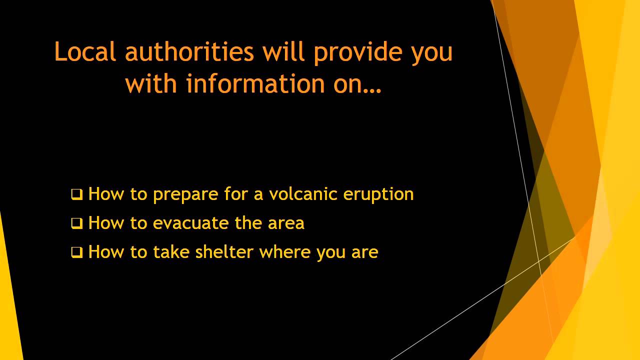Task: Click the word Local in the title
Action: point(85,51)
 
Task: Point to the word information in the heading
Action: point(255,83)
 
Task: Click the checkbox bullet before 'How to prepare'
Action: point(76,194)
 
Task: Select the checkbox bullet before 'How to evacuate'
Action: point(76,223)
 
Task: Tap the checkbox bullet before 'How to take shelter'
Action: point(76,252)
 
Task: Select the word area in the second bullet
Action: point(286,223)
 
